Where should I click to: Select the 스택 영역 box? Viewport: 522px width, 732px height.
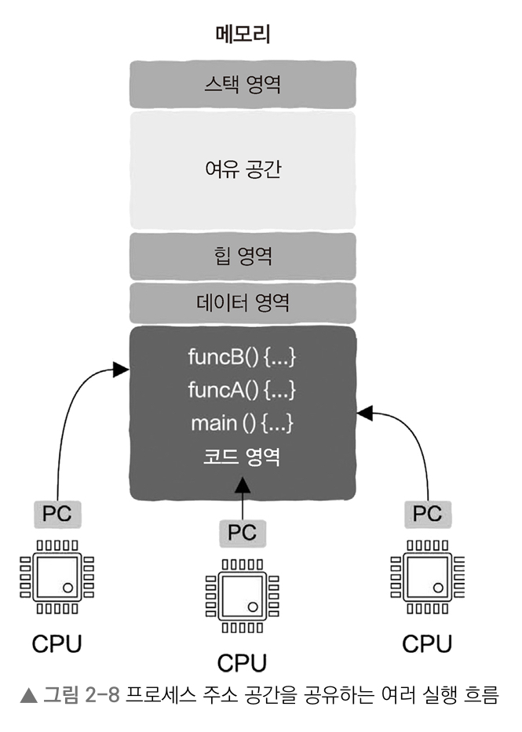(243, 85)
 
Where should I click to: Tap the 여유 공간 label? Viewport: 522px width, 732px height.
(243, 169)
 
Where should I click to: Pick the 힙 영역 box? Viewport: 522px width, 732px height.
(243, 256)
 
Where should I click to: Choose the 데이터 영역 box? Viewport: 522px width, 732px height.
(243, 303)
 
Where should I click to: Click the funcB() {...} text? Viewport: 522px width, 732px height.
(243, 357)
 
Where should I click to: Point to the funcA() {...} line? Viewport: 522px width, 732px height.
(243, 390)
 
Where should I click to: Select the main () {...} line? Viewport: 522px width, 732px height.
(243, 424)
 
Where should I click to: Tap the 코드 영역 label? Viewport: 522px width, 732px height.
(243, 458)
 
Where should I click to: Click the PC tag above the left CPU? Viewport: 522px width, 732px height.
(57, 515)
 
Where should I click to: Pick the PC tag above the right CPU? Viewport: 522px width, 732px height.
(428, 514)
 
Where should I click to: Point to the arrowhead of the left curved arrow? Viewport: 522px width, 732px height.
(121, 367)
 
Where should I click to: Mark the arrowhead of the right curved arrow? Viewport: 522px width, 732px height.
(364, 411)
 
